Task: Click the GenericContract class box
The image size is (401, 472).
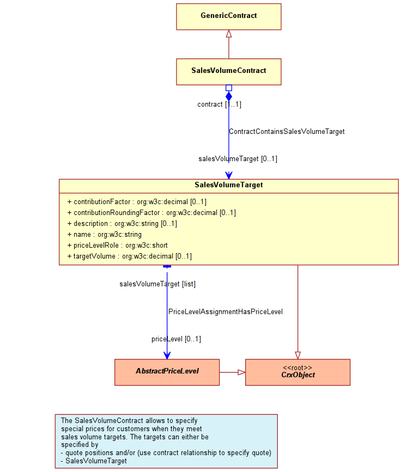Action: click(x=229, y=16)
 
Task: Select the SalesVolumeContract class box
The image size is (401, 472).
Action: click(x=229, y=72)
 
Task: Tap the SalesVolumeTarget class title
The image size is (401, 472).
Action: click(x=229, y=185)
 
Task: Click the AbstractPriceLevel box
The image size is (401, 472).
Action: click(x=167, y=372)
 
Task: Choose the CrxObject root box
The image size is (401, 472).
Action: click(x=297, y=372)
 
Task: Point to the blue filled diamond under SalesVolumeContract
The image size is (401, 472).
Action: click(x=229, y=96)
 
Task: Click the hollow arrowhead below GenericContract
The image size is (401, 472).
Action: click(x=229, y=33)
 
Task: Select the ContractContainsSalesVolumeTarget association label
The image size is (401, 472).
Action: click(x=287, y=132)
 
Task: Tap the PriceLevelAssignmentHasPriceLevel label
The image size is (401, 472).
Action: click(x=226, y=311)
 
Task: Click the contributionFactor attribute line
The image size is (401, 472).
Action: click(x=137, y=201)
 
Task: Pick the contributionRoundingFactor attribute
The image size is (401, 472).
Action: click(x=151, y=212)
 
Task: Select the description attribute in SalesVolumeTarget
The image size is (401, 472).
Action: click(x=122, y=223)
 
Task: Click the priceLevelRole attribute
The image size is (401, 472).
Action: click(x=117, y=246)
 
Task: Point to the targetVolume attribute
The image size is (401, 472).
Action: click(x=129, y=256)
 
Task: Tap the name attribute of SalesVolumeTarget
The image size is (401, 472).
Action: click(x=104, y=234)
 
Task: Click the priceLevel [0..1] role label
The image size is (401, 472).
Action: click(x=176, y=339)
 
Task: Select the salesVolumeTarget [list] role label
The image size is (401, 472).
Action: click(x=157, y=284)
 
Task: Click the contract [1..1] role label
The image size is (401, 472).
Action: click(x=220, y=104)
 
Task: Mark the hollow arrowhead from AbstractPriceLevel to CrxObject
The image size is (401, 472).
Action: click(x=241, y=372)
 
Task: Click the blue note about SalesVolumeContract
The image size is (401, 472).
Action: click(x=166, y=441)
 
